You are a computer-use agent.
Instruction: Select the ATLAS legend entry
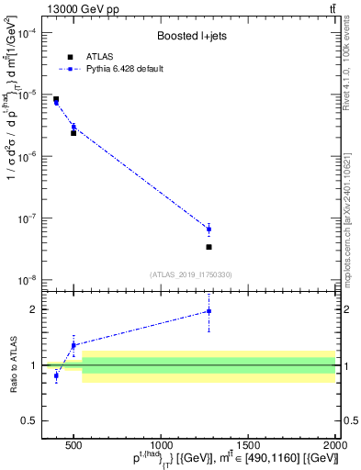[x=93, y=57]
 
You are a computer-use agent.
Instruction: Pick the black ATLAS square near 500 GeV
[x=73, y=133]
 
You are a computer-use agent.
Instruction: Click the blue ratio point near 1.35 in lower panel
[x=73, y=345]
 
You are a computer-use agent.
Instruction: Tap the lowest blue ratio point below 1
[x=56, y=375]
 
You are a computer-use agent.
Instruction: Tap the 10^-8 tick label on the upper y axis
[x=35, y=280]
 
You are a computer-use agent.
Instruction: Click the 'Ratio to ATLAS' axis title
[x=15, y=366]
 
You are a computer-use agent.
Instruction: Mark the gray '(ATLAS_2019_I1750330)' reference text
[x=191, y=274]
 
